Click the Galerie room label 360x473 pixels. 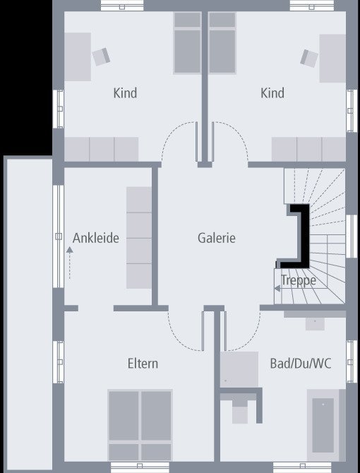(216, 238)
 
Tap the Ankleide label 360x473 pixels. (95, 238)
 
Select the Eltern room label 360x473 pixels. (143, 364)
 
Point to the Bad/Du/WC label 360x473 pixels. (300, 364)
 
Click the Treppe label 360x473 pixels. (298, 280)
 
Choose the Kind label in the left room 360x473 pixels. (125, 93)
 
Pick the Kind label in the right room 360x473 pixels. (272, 93)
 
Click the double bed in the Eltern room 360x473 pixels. (140, 424)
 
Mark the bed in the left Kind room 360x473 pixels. (187, 43)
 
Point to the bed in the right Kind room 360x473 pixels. (222, 43)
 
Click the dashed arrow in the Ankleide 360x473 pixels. (69, 264)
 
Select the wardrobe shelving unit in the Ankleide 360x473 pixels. (139, 238)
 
